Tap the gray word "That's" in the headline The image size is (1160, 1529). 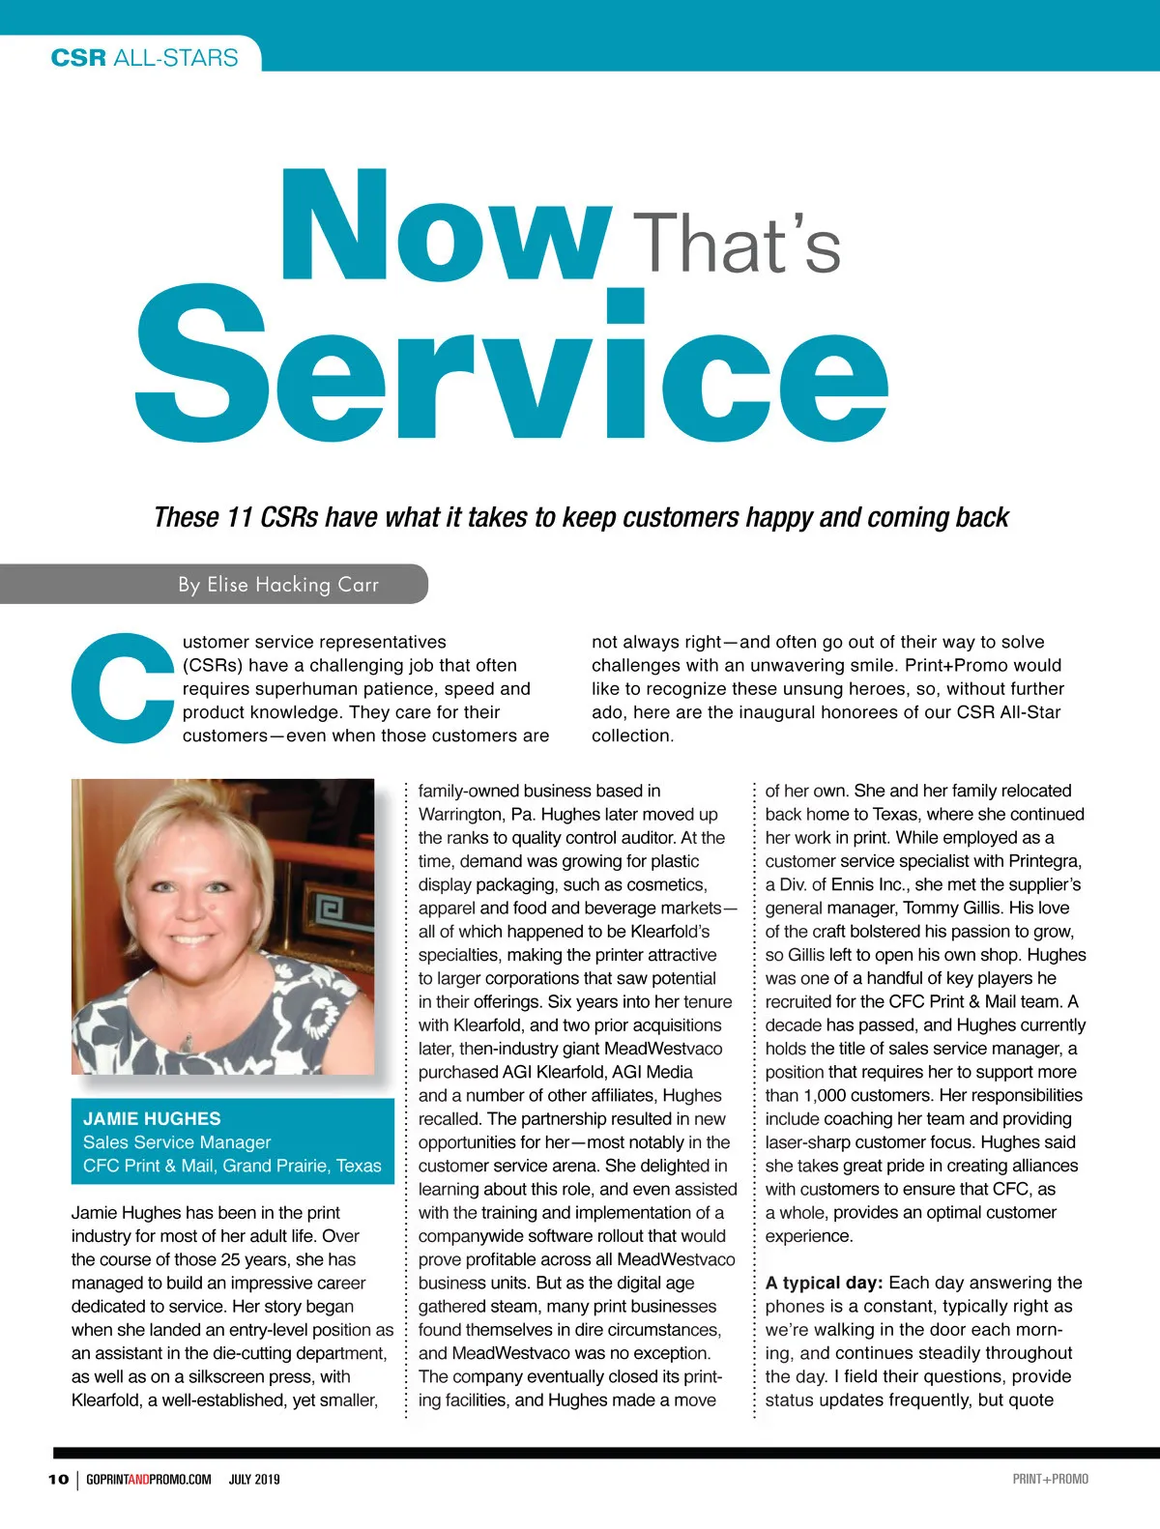[x=740, y=244]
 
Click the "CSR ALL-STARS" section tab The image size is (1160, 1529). [x=144, y=57]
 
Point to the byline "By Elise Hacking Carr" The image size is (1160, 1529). [x=277, y=585]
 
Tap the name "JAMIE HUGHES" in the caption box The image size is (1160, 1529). [x=152, y=1118]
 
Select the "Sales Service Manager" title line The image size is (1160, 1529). [x=177, y=1142]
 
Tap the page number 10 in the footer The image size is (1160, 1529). [x=58, y=1479]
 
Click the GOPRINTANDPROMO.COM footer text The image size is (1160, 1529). [x=148, y=1479]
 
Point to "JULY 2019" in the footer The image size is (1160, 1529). [x=254, y=1479]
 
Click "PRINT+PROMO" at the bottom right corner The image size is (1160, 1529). [x=1050, y=1479]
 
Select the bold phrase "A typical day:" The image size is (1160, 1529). [x=824, y=1283]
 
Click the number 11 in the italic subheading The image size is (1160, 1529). [x=239, y=518]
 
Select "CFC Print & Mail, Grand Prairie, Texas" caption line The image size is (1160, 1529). [x=232, y=1166]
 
